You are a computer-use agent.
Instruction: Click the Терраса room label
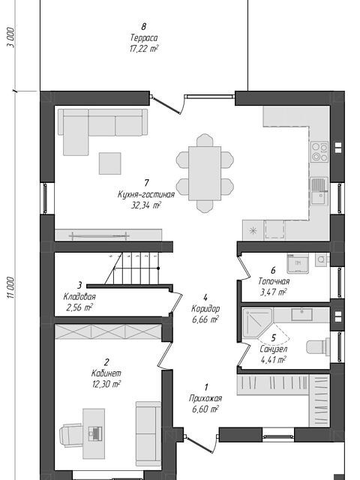click(144, 38)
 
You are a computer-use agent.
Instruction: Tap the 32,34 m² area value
click(146, 205)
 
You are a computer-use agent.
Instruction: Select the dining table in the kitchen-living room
click(205, 173)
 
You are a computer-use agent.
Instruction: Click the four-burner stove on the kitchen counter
click(319, 152)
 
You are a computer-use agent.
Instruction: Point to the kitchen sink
click(319, 191)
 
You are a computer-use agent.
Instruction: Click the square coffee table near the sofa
click(109, 163)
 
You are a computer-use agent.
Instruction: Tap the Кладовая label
click(79, 297)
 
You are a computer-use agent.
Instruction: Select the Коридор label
click(205, 308)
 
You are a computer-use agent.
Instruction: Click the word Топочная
click(274, 281)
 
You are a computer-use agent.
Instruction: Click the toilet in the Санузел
click(318, 346)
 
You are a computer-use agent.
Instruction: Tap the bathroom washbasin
click(301, 315)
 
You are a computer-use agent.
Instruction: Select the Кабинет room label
click(106, 373)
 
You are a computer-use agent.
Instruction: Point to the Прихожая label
click(205, 398)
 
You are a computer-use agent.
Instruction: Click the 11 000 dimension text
click(10, 287)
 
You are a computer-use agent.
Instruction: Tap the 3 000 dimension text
click(10, 37)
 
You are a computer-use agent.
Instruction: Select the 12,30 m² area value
click(106, 384)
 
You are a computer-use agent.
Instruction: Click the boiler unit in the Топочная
click(298, 263)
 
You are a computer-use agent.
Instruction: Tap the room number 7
click(146, 183)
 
